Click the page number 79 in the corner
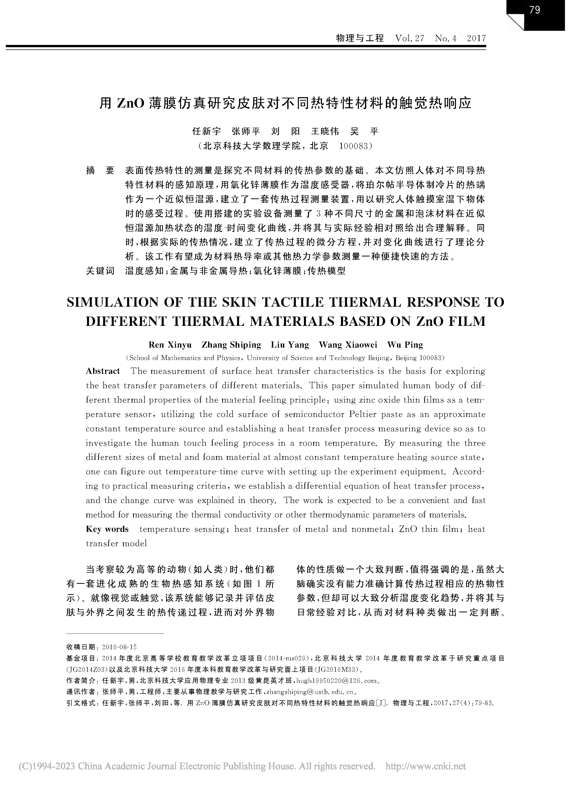coord(535,10)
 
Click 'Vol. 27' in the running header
coord(410,38)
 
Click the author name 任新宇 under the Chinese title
coord(207,131)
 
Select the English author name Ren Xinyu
coord(170,345)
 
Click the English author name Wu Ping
coord(405,345)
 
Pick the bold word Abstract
coord(103,371)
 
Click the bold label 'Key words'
coord(107,529)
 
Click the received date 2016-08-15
coord(119,647)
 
